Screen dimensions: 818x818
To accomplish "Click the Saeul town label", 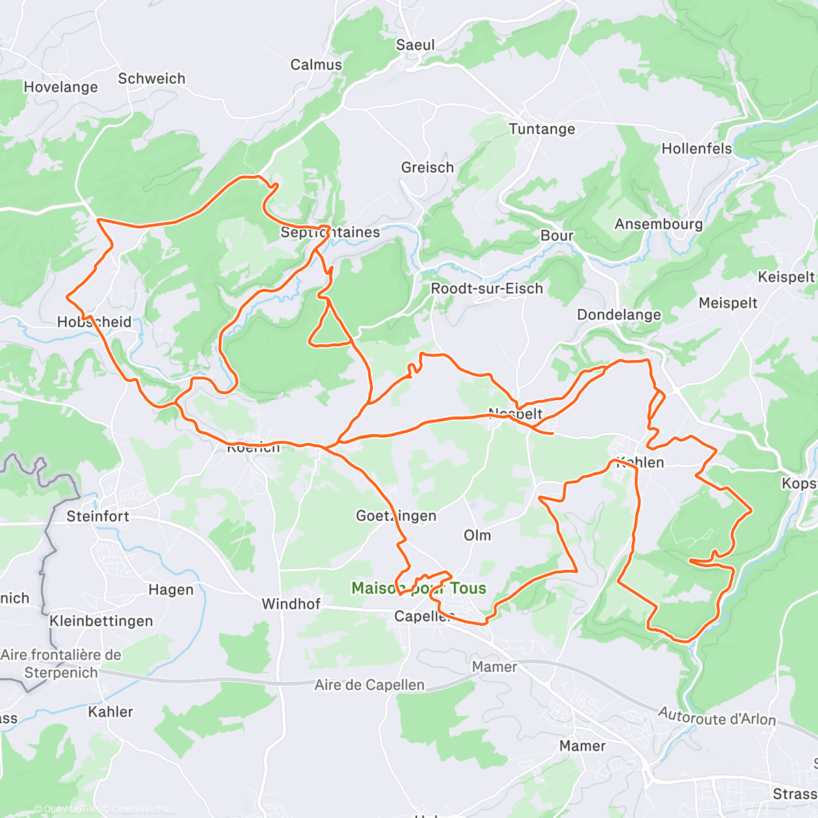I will (415, 45).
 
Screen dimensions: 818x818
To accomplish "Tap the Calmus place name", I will (316, 65).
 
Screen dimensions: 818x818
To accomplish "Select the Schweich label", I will (151, 78).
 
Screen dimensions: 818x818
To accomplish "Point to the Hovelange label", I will (61, 87).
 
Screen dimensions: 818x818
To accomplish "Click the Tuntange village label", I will (542, 129).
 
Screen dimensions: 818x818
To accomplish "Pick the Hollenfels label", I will (697, 149).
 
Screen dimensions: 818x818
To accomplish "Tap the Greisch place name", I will (427, 168).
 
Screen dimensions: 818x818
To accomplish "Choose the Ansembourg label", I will (658, 224).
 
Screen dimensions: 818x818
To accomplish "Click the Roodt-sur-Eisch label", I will (487, 289).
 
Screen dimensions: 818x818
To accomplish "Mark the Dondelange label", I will (619, 315).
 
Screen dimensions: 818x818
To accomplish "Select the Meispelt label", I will (728, 303).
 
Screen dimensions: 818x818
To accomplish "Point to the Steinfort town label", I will (97, 517).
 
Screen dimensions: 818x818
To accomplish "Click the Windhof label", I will (291, 604).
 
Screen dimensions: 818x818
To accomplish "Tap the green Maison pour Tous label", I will (419, 588).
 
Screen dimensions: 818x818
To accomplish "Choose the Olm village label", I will (477, 535).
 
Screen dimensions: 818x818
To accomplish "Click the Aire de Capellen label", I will (369, 685).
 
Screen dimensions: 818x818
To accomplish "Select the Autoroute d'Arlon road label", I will (716, 716).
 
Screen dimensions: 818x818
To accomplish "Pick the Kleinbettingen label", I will (101, 621).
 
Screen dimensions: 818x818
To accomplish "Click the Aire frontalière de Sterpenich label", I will (61, 663).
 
